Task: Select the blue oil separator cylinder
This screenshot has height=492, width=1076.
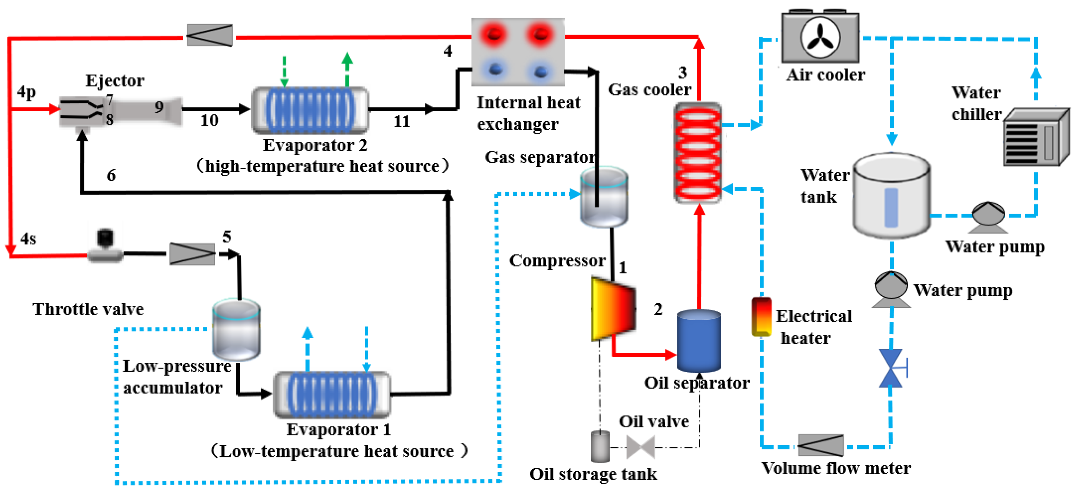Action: point(698,340)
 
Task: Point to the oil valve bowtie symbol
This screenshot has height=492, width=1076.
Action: point(640,447)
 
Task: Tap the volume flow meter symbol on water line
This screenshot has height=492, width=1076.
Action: point(820,445)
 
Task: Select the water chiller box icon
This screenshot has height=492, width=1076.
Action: point(1036,138)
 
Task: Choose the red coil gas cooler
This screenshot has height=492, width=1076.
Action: point(698,153)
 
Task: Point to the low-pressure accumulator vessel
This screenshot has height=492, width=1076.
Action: point(236,330)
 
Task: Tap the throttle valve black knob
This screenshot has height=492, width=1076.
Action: point(105,237)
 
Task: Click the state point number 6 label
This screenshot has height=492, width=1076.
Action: point(111,175)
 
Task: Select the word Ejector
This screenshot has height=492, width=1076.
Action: point(115,80)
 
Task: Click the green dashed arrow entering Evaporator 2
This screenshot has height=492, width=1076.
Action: point(284,71)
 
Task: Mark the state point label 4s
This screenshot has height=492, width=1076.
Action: point(28,239)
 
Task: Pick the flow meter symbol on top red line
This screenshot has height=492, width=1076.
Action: point(210,35)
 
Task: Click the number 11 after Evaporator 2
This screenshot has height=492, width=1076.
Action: point(401,122)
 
